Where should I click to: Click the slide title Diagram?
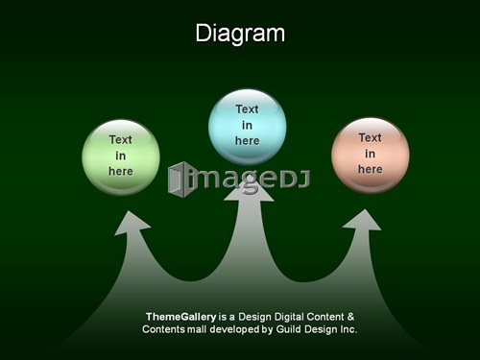pos(240,34)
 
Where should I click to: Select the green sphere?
pos(121,157)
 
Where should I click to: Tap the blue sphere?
pos(248,128)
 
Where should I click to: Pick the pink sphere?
pos(371,156)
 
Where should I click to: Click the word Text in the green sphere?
pos(121,140)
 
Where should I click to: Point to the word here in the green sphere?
pos(121,171)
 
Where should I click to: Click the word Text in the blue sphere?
pos(247,109)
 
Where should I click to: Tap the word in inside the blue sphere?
pos(247,125)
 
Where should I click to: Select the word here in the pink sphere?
pos(371,169)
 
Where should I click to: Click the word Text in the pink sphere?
pos(371,138)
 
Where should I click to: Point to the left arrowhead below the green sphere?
pos(132,223)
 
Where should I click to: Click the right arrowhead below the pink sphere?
pos(363,220)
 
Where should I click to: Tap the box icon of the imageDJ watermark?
pos(180,180)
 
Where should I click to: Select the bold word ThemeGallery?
pos(181,317)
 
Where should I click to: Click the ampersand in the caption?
pos(350,317)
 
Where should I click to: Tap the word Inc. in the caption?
pos(348,329)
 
